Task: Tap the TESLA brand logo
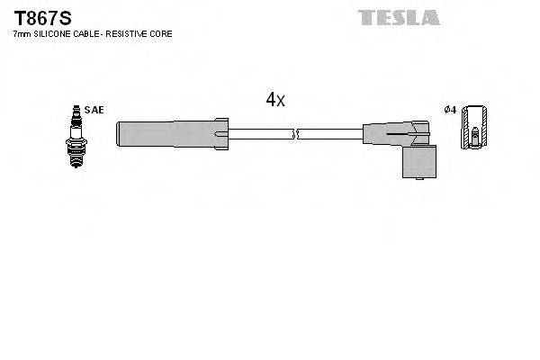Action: (399, 17)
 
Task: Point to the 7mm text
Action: (22, 33)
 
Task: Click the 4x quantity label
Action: (275, 100)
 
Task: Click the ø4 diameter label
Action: (451, 110)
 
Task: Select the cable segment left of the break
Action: (261, 135)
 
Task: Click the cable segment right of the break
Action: (328, 135)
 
